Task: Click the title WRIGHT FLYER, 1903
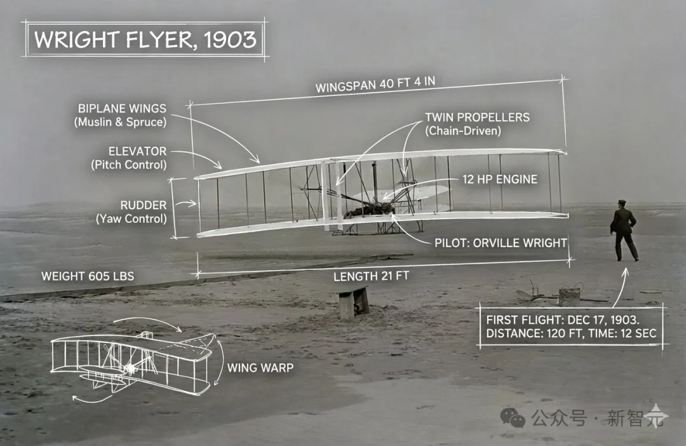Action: (x=145, y=39)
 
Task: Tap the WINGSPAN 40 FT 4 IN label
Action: (x=379, y=84)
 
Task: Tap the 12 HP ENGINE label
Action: (x=500, y=179)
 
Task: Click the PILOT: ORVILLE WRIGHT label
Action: (x=501, y=242)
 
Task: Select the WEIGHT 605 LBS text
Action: (x=88, y=276)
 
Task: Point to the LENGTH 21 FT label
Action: (x=372, y=276)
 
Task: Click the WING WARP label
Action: (x=260, y=367)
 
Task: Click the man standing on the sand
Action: (x=624, y=230)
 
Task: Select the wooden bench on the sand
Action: (x=353, y=301)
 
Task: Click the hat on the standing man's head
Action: (x=621, y=203)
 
